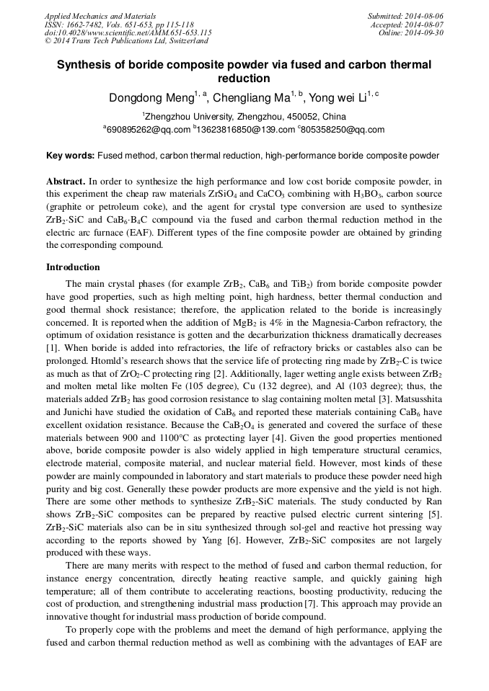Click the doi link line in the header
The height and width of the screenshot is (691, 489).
click(128, 32)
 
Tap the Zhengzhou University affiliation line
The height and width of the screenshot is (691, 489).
click(244, 117)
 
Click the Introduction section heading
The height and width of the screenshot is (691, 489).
click(73, 267)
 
